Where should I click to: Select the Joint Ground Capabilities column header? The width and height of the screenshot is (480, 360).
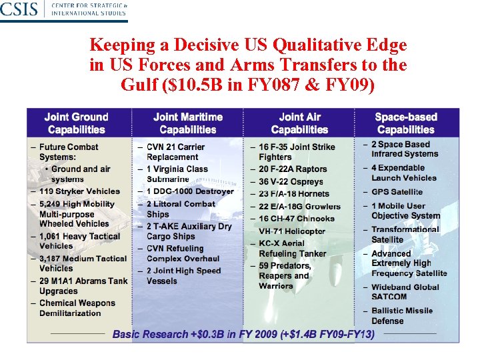point(77,123)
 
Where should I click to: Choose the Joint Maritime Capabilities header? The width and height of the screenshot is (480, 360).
point(188,123)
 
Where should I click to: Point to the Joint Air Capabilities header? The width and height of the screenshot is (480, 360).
point(299,123)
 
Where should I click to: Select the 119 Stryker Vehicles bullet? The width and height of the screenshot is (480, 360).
point(79,191)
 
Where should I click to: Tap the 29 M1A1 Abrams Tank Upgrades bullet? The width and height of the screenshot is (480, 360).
point(83,286)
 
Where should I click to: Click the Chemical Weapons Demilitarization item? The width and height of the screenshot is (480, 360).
point(77,308)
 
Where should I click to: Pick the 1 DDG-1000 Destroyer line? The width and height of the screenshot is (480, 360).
point(190,191)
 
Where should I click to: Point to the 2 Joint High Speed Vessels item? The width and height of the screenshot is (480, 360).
point(183,276)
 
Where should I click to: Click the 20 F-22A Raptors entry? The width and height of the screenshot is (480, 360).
point(293,169)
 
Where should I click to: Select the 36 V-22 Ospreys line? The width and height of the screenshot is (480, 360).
point(291,181)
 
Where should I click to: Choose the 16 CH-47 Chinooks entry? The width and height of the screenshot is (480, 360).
point(297,219)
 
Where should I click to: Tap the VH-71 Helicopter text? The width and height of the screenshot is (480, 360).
point(292,231)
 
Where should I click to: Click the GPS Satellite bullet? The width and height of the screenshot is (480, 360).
point(397,192)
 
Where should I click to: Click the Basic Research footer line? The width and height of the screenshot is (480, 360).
point(243,333)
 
